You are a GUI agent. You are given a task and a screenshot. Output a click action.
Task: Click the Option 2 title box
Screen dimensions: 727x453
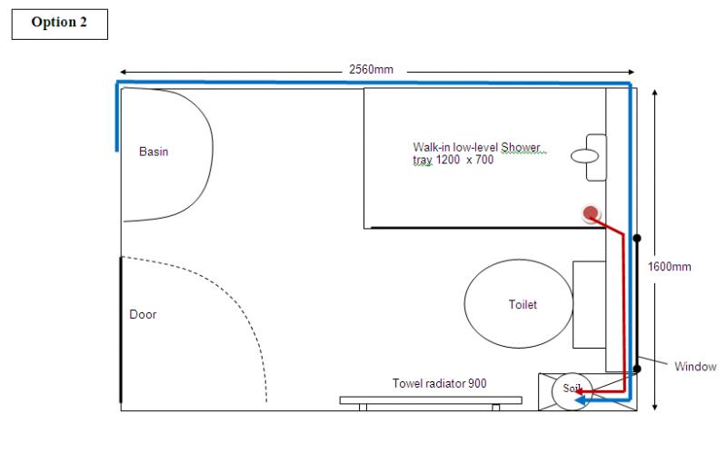(60, 25)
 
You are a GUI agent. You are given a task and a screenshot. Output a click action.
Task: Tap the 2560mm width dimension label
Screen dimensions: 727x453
(371, 70)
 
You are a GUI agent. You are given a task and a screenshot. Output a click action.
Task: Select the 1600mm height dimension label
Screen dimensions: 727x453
(669, 267)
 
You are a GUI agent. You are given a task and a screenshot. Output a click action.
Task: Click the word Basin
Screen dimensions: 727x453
(154, 152)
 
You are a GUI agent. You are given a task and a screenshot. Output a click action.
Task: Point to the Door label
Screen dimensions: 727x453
(143, 314)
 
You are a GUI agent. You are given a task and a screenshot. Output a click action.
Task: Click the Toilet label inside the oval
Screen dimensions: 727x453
(523, 304)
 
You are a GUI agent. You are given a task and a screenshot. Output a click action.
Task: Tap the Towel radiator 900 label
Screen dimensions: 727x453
(440, 383)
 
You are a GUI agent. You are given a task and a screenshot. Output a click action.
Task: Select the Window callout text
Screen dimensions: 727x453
(695, 367)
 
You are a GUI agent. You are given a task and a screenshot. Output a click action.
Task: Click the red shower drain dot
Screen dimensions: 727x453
(590, 213)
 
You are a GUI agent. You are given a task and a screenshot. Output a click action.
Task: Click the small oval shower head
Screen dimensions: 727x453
(584, 156)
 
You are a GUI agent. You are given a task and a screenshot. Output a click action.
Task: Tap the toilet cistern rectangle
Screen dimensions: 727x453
(589, 304)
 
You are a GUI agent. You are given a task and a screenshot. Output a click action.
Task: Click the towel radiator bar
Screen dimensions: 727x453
(431, 400)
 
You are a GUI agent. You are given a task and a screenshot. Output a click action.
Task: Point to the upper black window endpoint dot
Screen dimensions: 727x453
(637, 238)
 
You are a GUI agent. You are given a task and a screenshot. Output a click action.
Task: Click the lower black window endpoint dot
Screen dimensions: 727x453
(637, 369)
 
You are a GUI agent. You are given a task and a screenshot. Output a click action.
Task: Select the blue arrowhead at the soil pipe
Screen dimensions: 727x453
(580, 400)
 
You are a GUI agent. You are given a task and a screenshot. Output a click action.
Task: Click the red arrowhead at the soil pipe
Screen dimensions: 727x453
(580, 392)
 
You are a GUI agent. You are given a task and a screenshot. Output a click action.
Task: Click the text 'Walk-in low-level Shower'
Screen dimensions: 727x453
(476, 147)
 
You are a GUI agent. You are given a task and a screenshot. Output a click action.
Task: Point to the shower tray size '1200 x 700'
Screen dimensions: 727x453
(464, 160)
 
